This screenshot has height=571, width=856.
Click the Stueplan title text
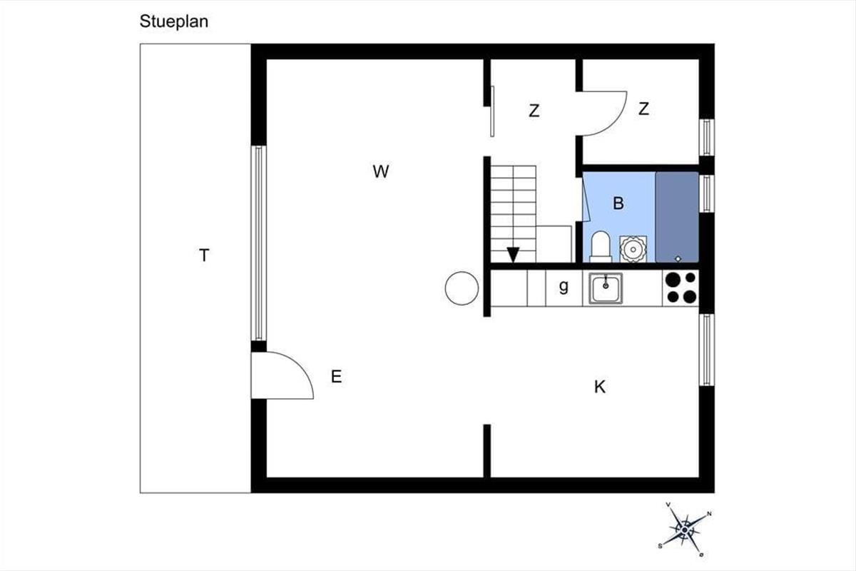point(174,22)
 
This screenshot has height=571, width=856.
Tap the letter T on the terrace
point(204,255)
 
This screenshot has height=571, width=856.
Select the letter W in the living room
point(381,171)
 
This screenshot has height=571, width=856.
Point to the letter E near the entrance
point(336,377)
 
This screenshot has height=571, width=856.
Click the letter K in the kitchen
point(600,387)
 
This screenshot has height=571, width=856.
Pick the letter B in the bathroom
point(618,203)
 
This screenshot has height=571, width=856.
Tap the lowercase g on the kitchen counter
point(564,286)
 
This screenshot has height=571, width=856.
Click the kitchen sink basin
point(606,288)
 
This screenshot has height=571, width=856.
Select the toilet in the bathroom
point(601,247)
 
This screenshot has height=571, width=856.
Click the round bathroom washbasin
point(633,249)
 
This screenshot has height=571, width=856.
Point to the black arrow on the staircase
point(513,255)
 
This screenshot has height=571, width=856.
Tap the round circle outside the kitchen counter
point(462,288)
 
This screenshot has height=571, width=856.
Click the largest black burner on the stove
point(673,280)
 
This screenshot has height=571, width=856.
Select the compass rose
point(684,530)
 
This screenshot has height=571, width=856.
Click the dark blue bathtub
point(677,217)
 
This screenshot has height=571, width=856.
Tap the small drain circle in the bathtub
point(678,259)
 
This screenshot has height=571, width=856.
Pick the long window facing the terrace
point(259,243)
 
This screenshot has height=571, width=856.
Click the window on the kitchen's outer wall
point(707,350)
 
